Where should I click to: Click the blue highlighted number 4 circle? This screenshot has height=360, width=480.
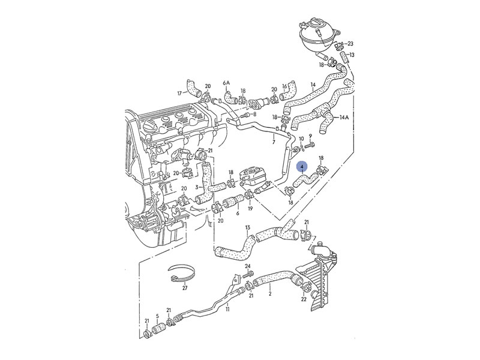(302, 167)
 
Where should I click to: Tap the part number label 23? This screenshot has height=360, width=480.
(350, 44)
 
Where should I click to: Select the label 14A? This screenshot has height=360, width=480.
(344, 118)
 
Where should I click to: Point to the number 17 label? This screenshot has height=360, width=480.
(179, 93)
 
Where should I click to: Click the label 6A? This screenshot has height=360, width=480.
(226, 83)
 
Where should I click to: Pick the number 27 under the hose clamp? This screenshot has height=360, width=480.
(185, 289)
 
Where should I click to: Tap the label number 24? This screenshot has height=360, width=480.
(247, 266)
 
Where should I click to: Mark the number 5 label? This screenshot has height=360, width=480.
(157, 317)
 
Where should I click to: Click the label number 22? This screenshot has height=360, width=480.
(304, 299)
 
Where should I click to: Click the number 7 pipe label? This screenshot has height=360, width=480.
(273, 143)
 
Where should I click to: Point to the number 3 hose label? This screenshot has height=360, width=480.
(196, 187)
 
